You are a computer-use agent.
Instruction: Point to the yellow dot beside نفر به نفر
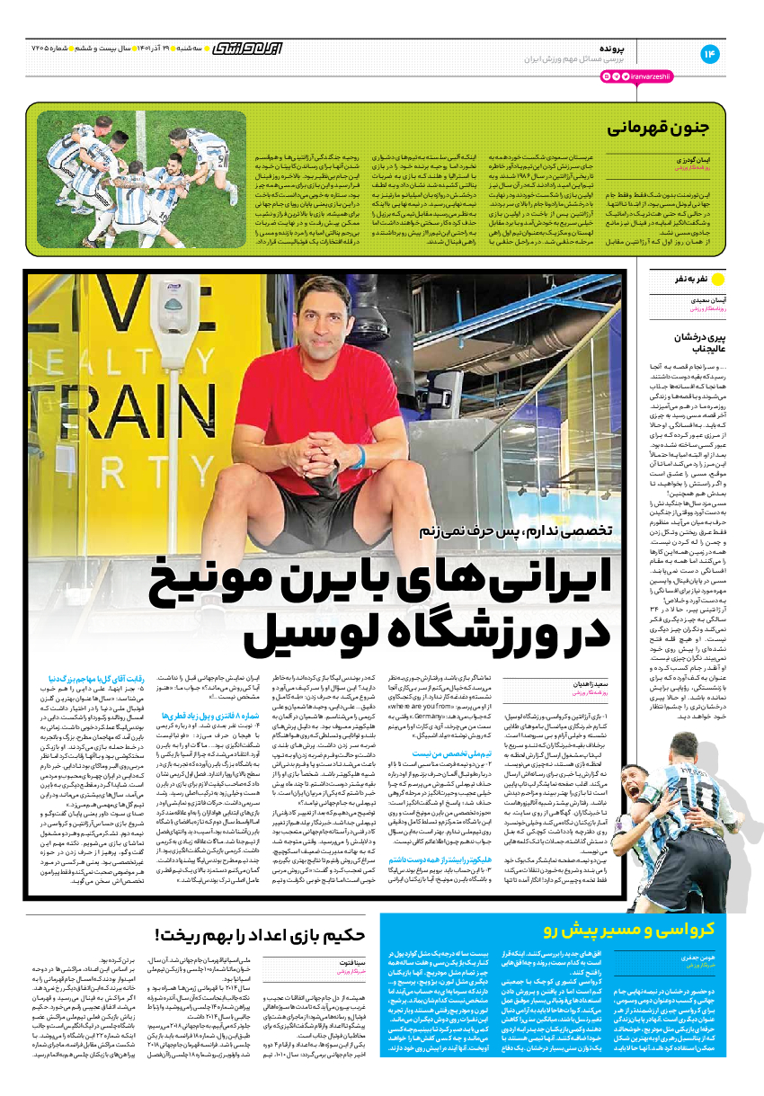coord(717,279)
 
